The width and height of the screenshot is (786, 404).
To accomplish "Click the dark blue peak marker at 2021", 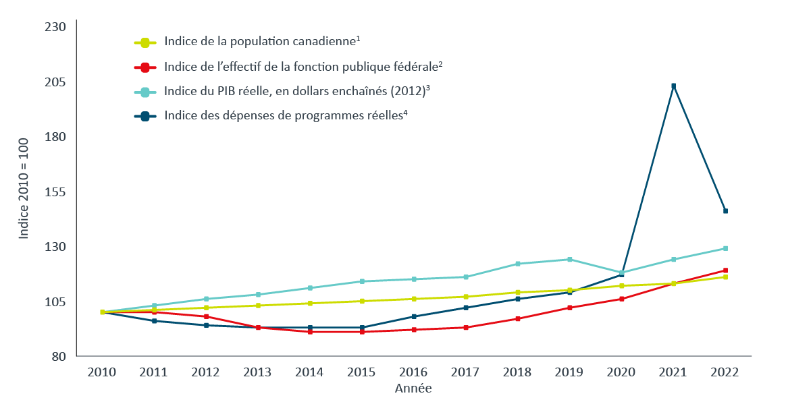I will tap(673, 86).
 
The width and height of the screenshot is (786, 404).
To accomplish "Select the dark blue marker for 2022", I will tap(725, 211).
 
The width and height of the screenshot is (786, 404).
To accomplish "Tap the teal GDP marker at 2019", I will tap(569, 260).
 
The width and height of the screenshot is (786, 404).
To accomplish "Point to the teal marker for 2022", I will tap(725, 248).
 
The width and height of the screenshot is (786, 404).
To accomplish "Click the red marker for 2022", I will tap(725, 270).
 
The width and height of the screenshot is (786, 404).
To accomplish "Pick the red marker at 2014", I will tap(310, 332).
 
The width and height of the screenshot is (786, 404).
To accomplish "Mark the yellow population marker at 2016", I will tap(414, 299).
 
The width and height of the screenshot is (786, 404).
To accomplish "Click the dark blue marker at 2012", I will tap(206, 325).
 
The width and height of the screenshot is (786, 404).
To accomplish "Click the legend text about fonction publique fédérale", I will tap(303, 67).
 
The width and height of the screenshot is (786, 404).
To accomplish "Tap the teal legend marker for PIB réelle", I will tap(145, 91).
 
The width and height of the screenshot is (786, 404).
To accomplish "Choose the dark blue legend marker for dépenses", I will tap(145, 115).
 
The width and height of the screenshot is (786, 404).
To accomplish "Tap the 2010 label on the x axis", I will tap(102, 372).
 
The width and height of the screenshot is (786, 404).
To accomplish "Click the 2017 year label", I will tap(465, 372).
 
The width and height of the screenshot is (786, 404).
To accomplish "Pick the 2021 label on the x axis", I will tap(673, 372).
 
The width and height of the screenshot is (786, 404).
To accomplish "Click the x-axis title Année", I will tap(413, 388).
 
